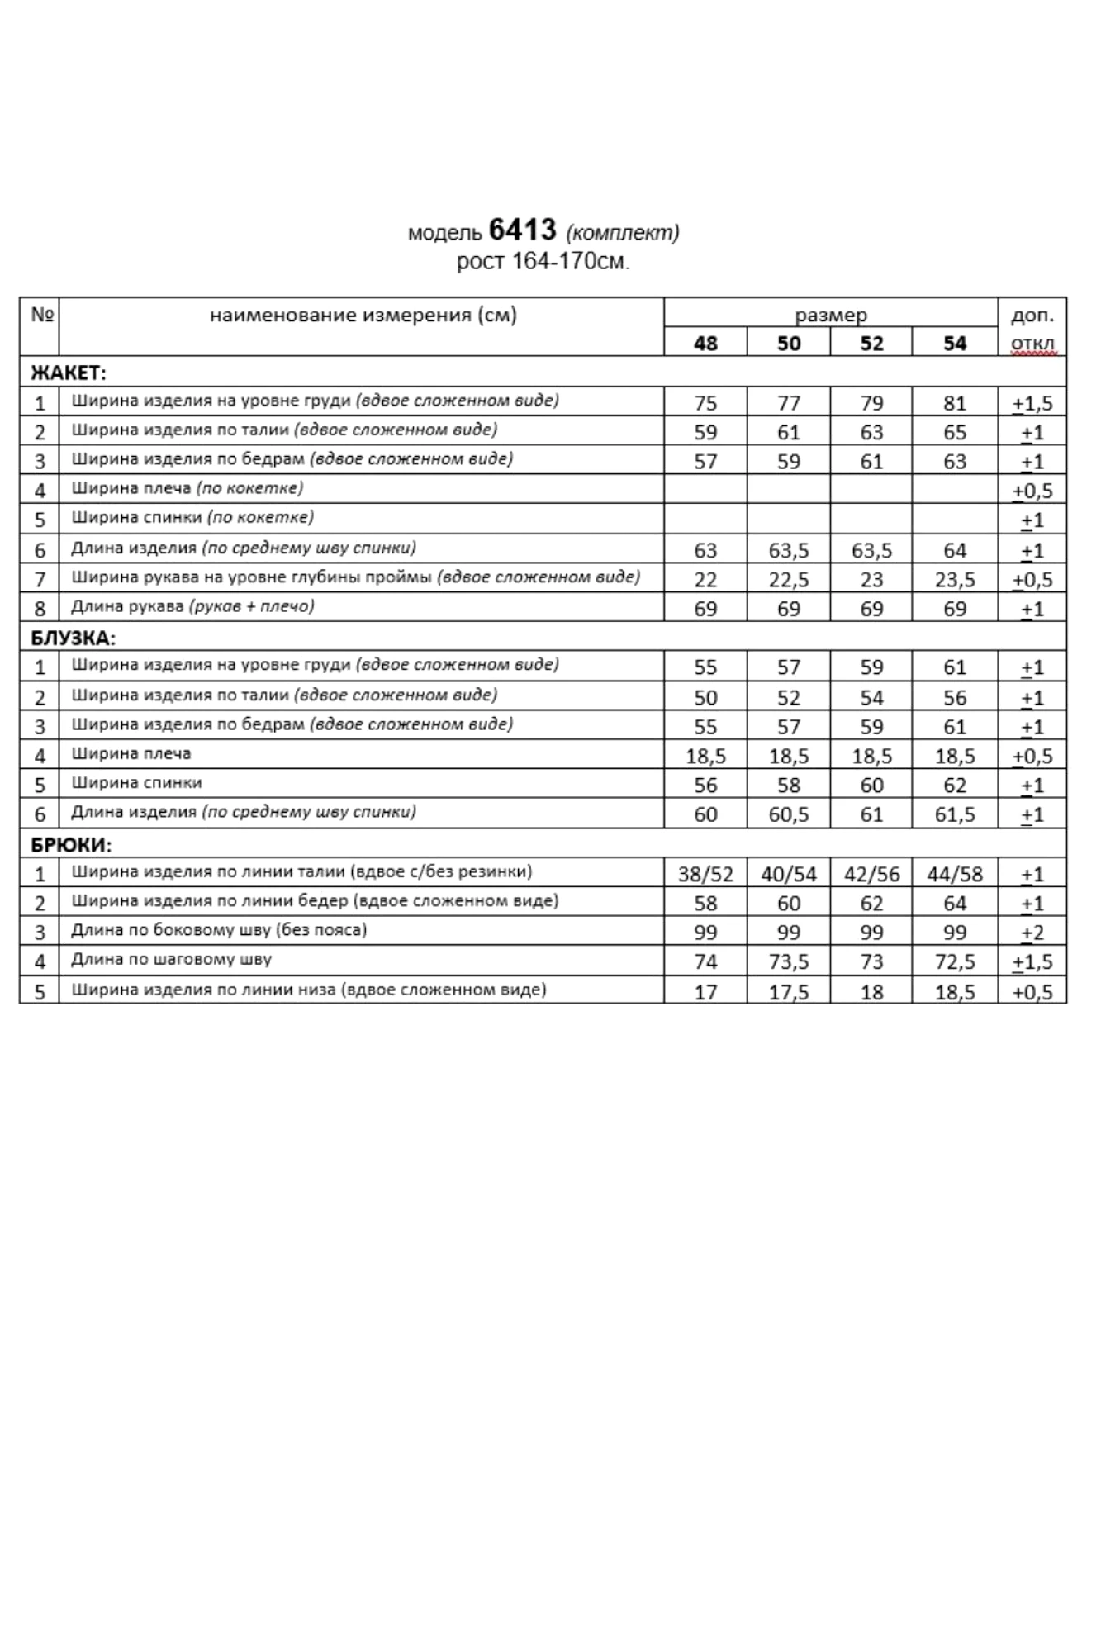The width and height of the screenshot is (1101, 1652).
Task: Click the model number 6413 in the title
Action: coord(522,229)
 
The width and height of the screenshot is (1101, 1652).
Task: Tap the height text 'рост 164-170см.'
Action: coord(543,262)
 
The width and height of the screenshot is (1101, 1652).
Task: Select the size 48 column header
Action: coord(705,343)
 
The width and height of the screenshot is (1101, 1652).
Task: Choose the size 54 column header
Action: coord(955,343)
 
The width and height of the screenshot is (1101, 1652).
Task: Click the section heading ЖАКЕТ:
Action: coord(69,373)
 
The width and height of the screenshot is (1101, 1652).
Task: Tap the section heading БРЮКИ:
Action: coord(71,845)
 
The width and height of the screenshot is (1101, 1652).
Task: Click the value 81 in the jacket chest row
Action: coord(955,403)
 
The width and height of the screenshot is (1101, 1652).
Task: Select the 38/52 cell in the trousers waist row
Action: coord(705,874)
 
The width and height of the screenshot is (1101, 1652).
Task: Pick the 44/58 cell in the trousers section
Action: coord(955,874)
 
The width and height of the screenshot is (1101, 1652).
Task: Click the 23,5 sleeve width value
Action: coord(955,580)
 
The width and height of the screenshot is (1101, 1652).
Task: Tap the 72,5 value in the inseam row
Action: coord(955,962)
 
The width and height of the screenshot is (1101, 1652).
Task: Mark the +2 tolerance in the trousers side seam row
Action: coord(1032,933)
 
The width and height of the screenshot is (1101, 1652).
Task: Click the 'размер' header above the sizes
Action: coord(831,315)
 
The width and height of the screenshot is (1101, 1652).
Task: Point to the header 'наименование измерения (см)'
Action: coord(363,315)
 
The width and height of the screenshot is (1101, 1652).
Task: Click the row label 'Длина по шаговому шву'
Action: coord(171,960)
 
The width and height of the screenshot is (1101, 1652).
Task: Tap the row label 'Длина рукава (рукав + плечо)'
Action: coord(192,606)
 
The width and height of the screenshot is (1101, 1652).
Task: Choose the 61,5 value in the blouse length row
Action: coord(955,814)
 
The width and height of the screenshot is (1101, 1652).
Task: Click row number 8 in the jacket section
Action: coord(40,609)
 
